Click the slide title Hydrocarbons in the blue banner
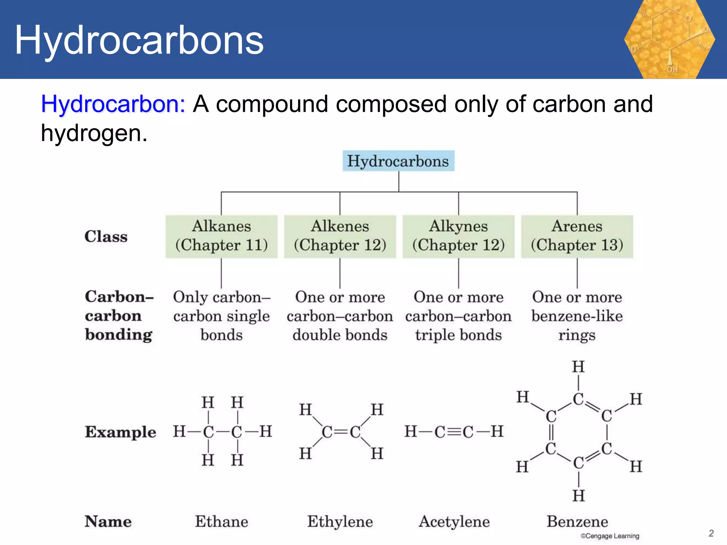[139, 40]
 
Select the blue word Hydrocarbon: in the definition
[113, 104]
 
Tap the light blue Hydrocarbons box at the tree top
[398, 161]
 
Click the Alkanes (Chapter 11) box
[222, 236]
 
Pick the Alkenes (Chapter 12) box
[340, 236]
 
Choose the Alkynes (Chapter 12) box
[458, 236]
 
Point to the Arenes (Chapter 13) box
[577, 236]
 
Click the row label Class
[106, 236]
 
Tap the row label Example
[120, 432]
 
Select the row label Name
[108, 522]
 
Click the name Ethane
[222, 522]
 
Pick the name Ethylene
[340, 522]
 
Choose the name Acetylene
[454, 522]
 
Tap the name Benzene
[577, 522]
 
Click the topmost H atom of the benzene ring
[578, 367]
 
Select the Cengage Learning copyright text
[610, 536]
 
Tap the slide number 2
[711, 533]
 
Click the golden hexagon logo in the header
[669, 39]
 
